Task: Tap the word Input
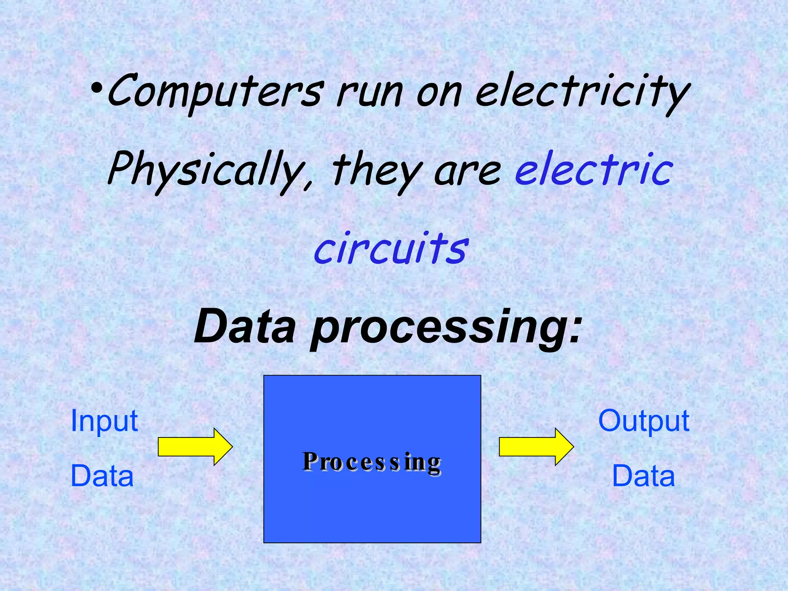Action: click(x=104, y=421)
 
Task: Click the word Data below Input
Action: click(x=102, y=476)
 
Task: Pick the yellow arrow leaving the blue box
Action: click(x=536, y=447)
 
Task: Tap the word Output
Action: click(x=644, y=421)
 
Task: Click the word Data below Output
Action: click(x=643, y=476)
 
